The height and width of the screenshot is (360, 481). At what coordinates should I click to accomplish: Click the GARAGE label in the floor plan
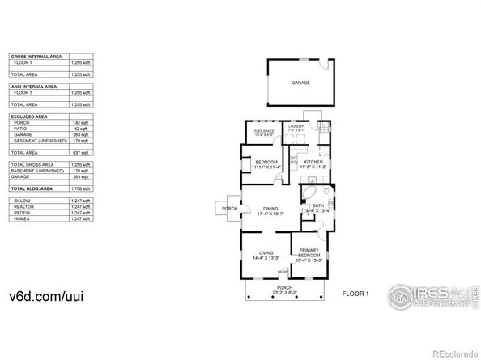[x=300, y=83]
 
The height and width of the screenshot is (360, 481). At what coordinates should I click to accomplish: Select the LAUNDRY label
[x=295, y=126]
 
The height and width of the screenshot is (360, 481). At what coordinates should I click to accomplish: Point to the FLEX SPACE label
[x=264, y=131]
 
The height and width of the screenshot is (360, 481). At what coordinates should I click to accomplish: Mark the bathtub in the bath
[x=310, y=194]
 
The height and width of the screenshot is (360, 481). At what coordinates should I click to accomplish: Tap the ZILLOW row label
[x=21, y=199]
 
